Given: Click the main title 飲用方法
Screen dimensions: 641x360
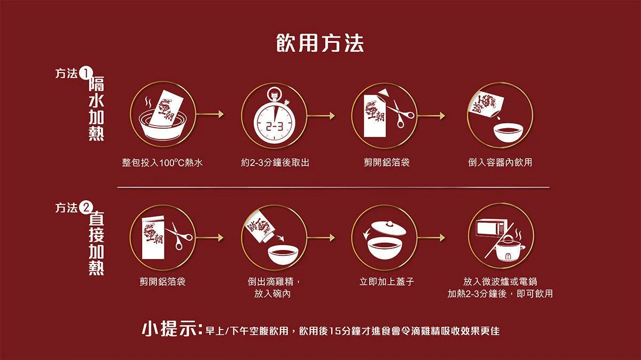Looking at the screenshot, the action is click(x=320, y=43).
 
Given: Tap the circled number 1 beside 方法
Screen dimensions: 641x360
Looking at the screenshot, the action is click(x=84, y=74).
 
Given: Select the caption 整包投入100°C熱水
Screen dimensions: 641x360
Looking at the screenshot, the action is click(x=162, y=163).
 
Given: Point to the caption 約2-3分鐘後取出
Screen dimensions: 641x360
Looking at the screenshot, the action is click(x=275, y=162).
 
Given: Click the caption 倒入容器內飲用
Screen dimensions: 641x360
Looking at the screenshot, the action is click(x=500, y=162).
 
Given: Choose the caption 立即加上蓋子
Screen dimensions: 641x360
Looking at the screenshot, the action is click(x=387, y=281).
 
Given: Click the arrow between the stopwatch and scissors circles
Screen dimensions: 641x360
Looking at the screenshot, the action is click(x=321, y=115).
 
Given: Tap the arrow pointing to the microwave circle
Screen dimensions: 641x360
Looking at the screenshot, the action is click(x=431, y=238).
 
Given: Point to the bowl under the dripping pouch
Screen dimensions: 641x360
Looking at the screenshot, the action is click(x=508, y=132).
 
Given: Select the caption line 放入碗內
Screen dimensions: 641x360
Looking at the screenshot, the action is click(x=272, y=294).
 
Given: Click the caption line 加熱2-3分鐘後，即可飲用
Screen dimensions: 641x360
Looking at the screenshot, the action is click(x=500, y=294).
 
